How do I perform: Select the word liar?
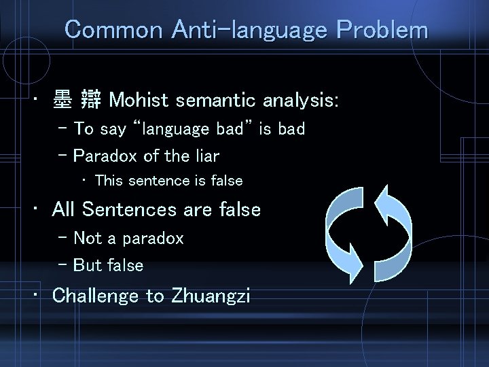(205, 156)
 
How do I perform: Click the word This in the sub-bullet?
(109, 181)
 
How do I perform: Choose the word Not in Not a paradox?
(87, 238)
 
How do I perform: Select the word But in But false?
(87, 265)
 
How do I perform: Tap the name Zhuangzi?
(211, 296)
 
